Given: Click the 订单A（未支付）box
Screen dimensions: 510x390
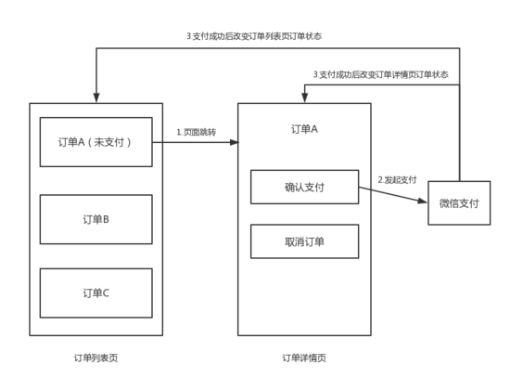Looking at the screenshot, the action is click(x=96, y=142).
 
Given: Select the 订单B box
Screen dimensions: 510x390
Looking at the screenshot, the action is click(x=96, y=219).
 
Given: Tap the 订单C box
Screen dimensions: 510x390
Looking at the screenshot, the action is click(x=96, y=292).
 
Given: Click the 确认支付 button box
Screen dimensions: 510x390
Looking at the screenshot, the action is click(x=304, y=187).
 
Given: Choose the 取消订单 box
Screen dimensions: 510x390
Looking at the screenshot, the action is click(x=304, y=241).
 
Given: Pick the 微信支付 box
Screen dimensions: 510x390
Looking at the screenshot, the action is click(x=459, y=203).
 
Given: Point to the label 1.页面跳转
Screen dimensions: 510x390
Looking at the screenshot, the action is click(x=197, y=132).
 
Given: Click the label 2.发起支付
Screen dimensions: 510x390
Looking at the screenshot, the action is click(x=397, y=180).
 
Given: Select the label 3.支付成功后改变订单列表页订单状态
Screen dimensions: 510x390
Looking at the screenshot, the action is click(x=254, y=36).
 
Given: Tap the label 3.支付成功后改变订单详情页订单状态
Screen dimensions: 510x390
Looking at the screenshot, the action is click(x=380, y=74).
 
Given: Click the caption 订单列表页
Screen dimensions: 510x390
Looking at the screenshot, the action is click(x=96, y=357).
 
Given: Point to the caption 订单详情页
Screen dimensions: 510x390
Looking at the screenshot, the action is click(x=304, y=357).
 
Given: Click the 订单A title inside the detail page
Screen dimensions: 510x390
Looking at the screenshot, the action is click(x=304, y=129).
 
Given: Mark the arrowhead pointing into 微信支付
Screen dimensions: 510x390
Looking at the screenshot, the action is click(x=422, y=201).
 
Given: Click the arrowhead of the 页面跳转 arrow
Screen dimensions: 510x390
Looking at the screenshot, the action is click(x=235, y=142).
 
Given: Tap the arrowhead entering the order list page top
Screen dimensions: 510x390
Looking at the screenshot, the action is click(x=96, y=97).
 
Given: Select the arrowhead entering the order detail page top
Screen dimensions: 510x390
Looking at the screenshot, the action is click(x=305, y=97).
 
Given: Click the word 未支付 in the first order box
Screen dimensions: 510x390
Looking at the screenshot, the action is click(x=109, y=142).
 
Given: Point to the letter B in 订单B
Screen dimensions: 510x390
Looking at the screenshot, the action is click(x=106, y=219).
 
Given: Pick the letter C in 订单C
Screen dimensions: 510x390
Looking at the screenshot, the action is click(x=106, y=292).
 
